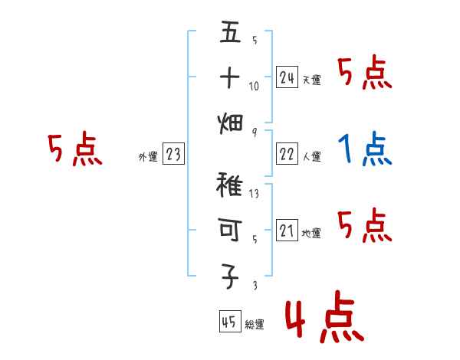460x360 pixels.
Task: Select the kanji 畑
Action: pyautogui.click(x=230, y=123)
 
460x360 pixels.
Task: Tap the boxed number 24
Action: pyautogui.click(x=287, y=77)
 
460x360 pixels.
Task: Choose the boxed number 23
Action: pyautogui.click(x=173, y=155)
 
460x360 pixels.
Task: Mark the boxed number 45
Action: pyautogui.click(x=229, y=322)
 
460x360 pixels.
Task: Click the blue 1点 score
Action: pyautogui.click(x=364, y=149)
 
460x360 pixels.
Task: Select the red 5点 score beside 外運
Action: pyautogui.click(x=74, y=149)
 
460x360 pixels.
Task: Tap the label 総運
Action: pyautogui.click(x=254, y=325)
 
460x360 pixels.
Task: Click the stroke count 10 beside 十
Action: pyautogui.click(x=254, y=86)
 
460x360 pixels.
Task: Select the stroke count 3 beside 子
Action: pyautogui.click(x=254, y=286)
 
